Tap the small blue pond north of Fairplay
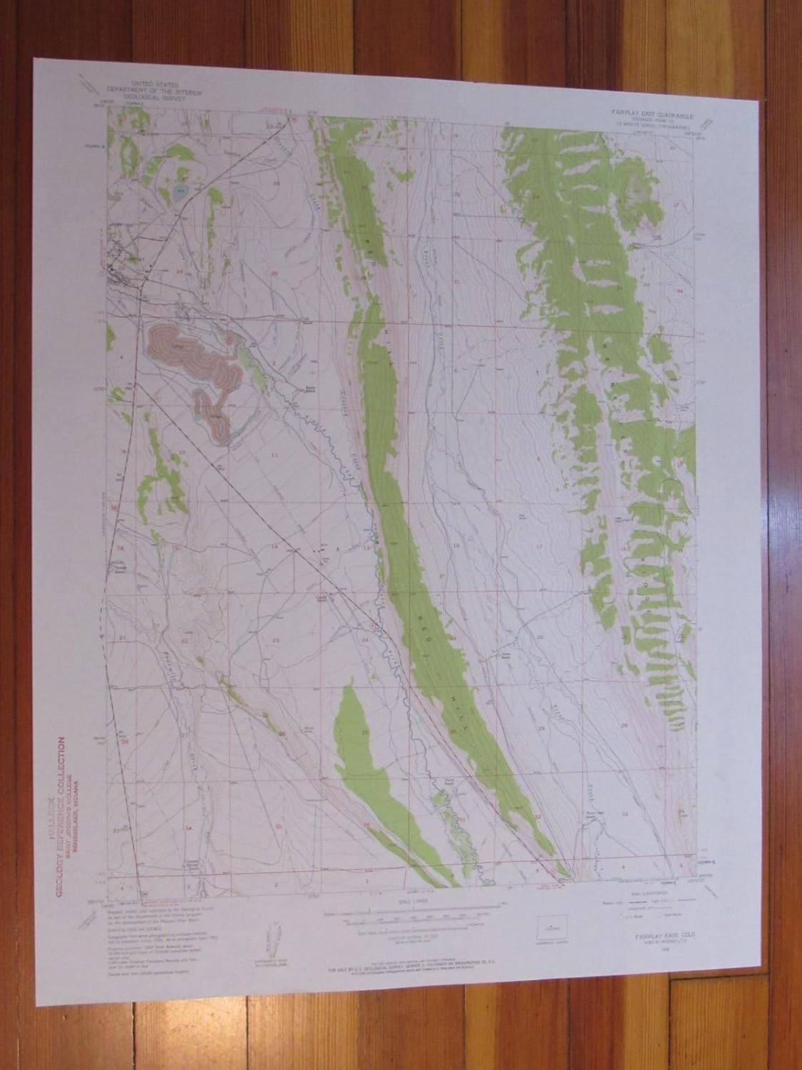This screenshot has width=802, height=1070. click(x=179, y=191)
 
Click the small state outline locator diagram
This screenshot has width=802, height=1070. click(x=551, y=928)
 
